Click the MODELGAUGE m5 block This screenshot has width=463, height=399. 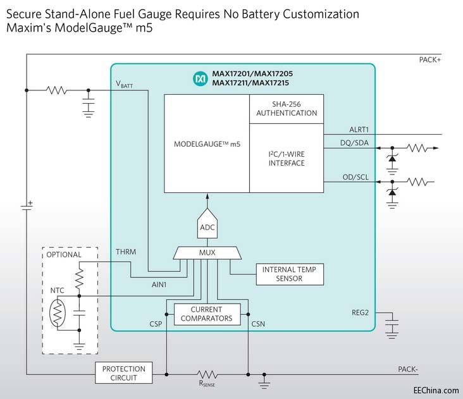click(x=207, y=144)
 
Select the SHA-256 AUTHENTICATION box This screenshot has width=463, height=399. click(x=287, y=109)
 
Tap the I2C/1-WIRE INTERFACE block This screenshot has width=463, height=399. click(x=287, y=158)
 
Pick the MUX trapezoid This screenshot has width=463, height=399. click(x=207, y=252)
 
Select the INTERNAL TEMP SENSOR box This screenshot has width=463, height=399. click(x=289, y=274)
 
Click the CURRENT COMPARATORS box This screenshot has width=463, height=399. click(x=207, y=314)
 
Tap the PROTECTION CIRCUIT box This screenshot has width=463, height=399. click(x=124, y=373)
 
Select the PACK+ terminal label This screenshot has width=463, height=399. click(x=430, y=59)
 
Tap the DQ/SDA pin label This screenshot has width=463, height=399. click(x=354, y=143)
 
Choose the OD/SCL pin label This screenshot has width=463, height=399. click(x=354, y=176)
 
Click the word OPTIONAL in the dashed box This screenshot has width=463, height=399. click(x=64, y=255)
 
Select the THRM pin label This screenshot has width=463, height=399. click(x=126, y=252)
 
